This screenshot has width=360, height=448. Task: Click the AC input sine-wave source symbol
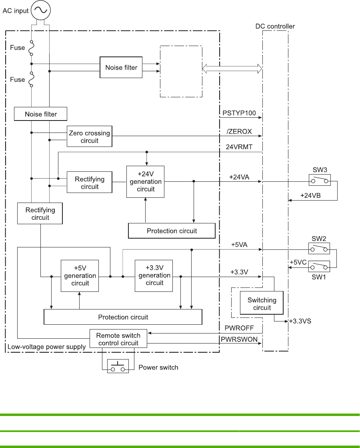click(40, 10)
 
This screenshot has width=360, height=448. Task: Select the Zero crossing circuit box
click(89, 137)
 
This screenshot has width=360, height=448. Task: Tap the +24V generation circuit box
click(146, 181)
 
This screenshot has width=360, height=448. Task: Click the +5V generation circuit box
click(80, 275)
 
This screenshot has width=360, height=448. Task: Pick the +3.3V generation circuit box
click(154, 275)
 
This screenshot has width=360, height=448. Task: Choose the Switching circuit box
click(262, 304)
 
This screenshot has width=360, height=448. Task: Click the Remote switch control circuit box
click(118, 339)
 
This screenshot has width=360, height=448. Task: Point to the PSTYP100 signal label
click(239, 113)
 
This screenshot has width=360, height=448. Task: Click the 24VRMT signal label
click(239, 147)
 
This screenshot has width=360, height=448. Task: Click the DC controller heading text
click(275, 26)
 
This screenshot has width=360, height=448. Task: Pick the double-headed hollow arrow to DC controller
click(232, 69)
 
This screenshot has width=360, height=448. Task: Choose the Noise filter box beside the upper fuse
click(121, 68)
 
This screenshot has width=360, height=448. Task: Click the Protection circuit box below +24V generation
click(172, 231)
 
